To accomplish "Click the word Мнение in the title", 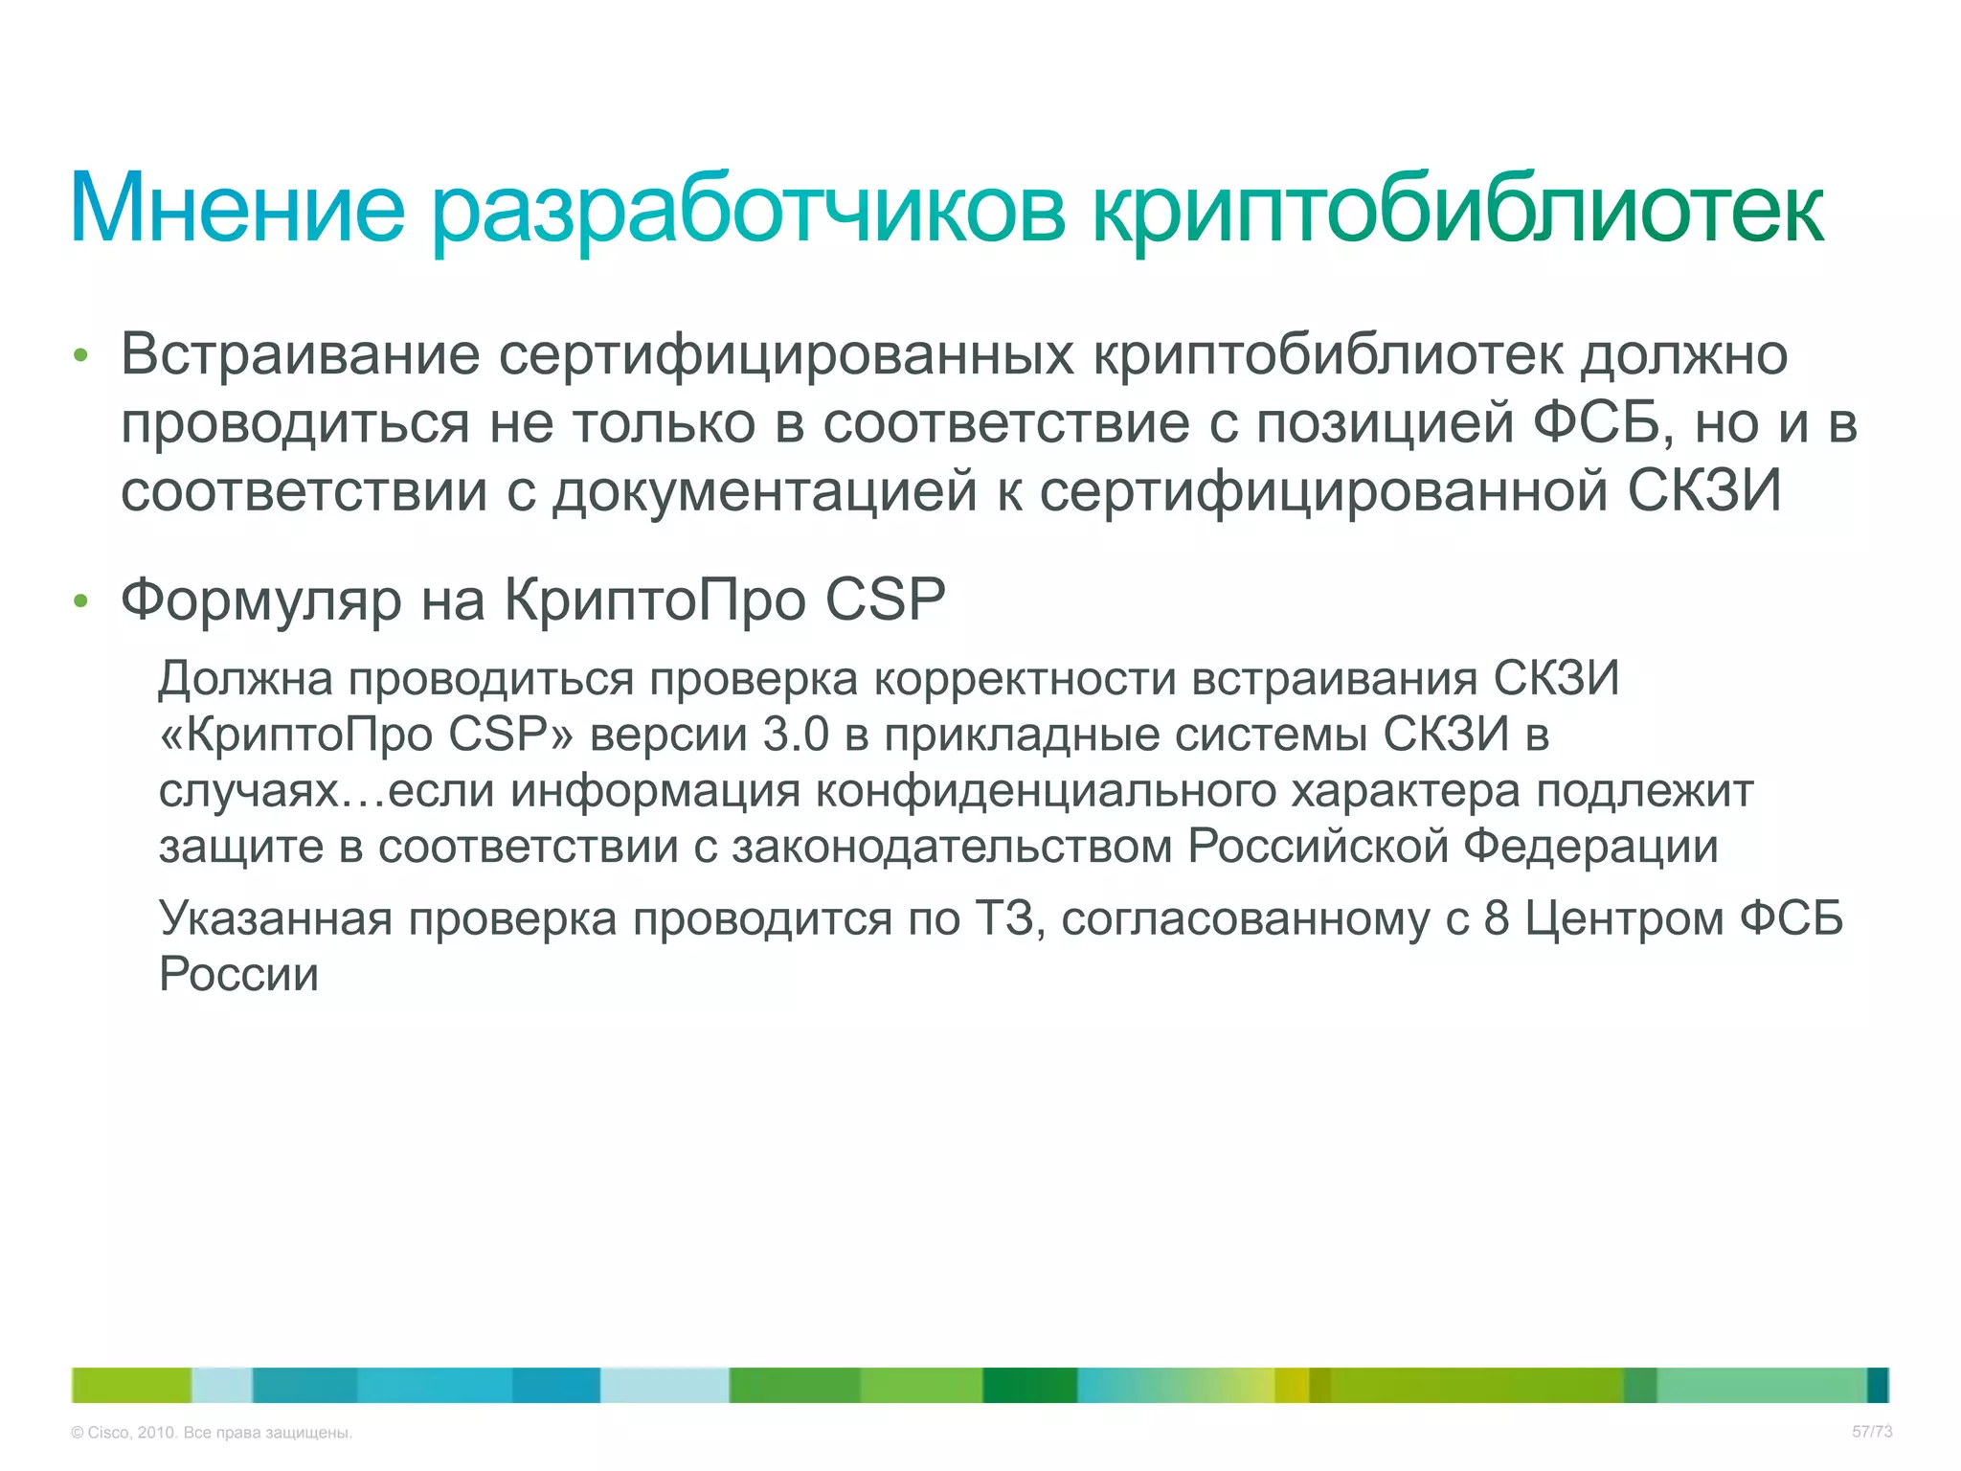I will coord(237,209).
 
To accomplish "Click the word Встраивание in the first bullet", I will coord(300,354).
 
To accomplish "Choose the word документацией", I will coord(764,491).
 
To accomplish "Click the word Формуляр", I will coord(260,600).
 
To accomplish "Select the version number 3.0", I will coord(796,735).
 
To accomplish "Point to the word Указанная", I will coord(276,918).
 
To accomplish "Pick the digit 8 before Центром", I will coord(1497,918).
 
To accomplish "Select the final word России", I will coord(238,975).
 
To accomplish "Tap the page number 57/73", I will coord(1872,1432).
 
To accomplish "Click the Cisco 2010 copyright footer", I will coord(212,1433).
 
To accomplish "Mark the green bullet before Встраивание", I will coord(81,356).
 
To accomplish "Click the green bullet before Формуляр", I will coord(81,601).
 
